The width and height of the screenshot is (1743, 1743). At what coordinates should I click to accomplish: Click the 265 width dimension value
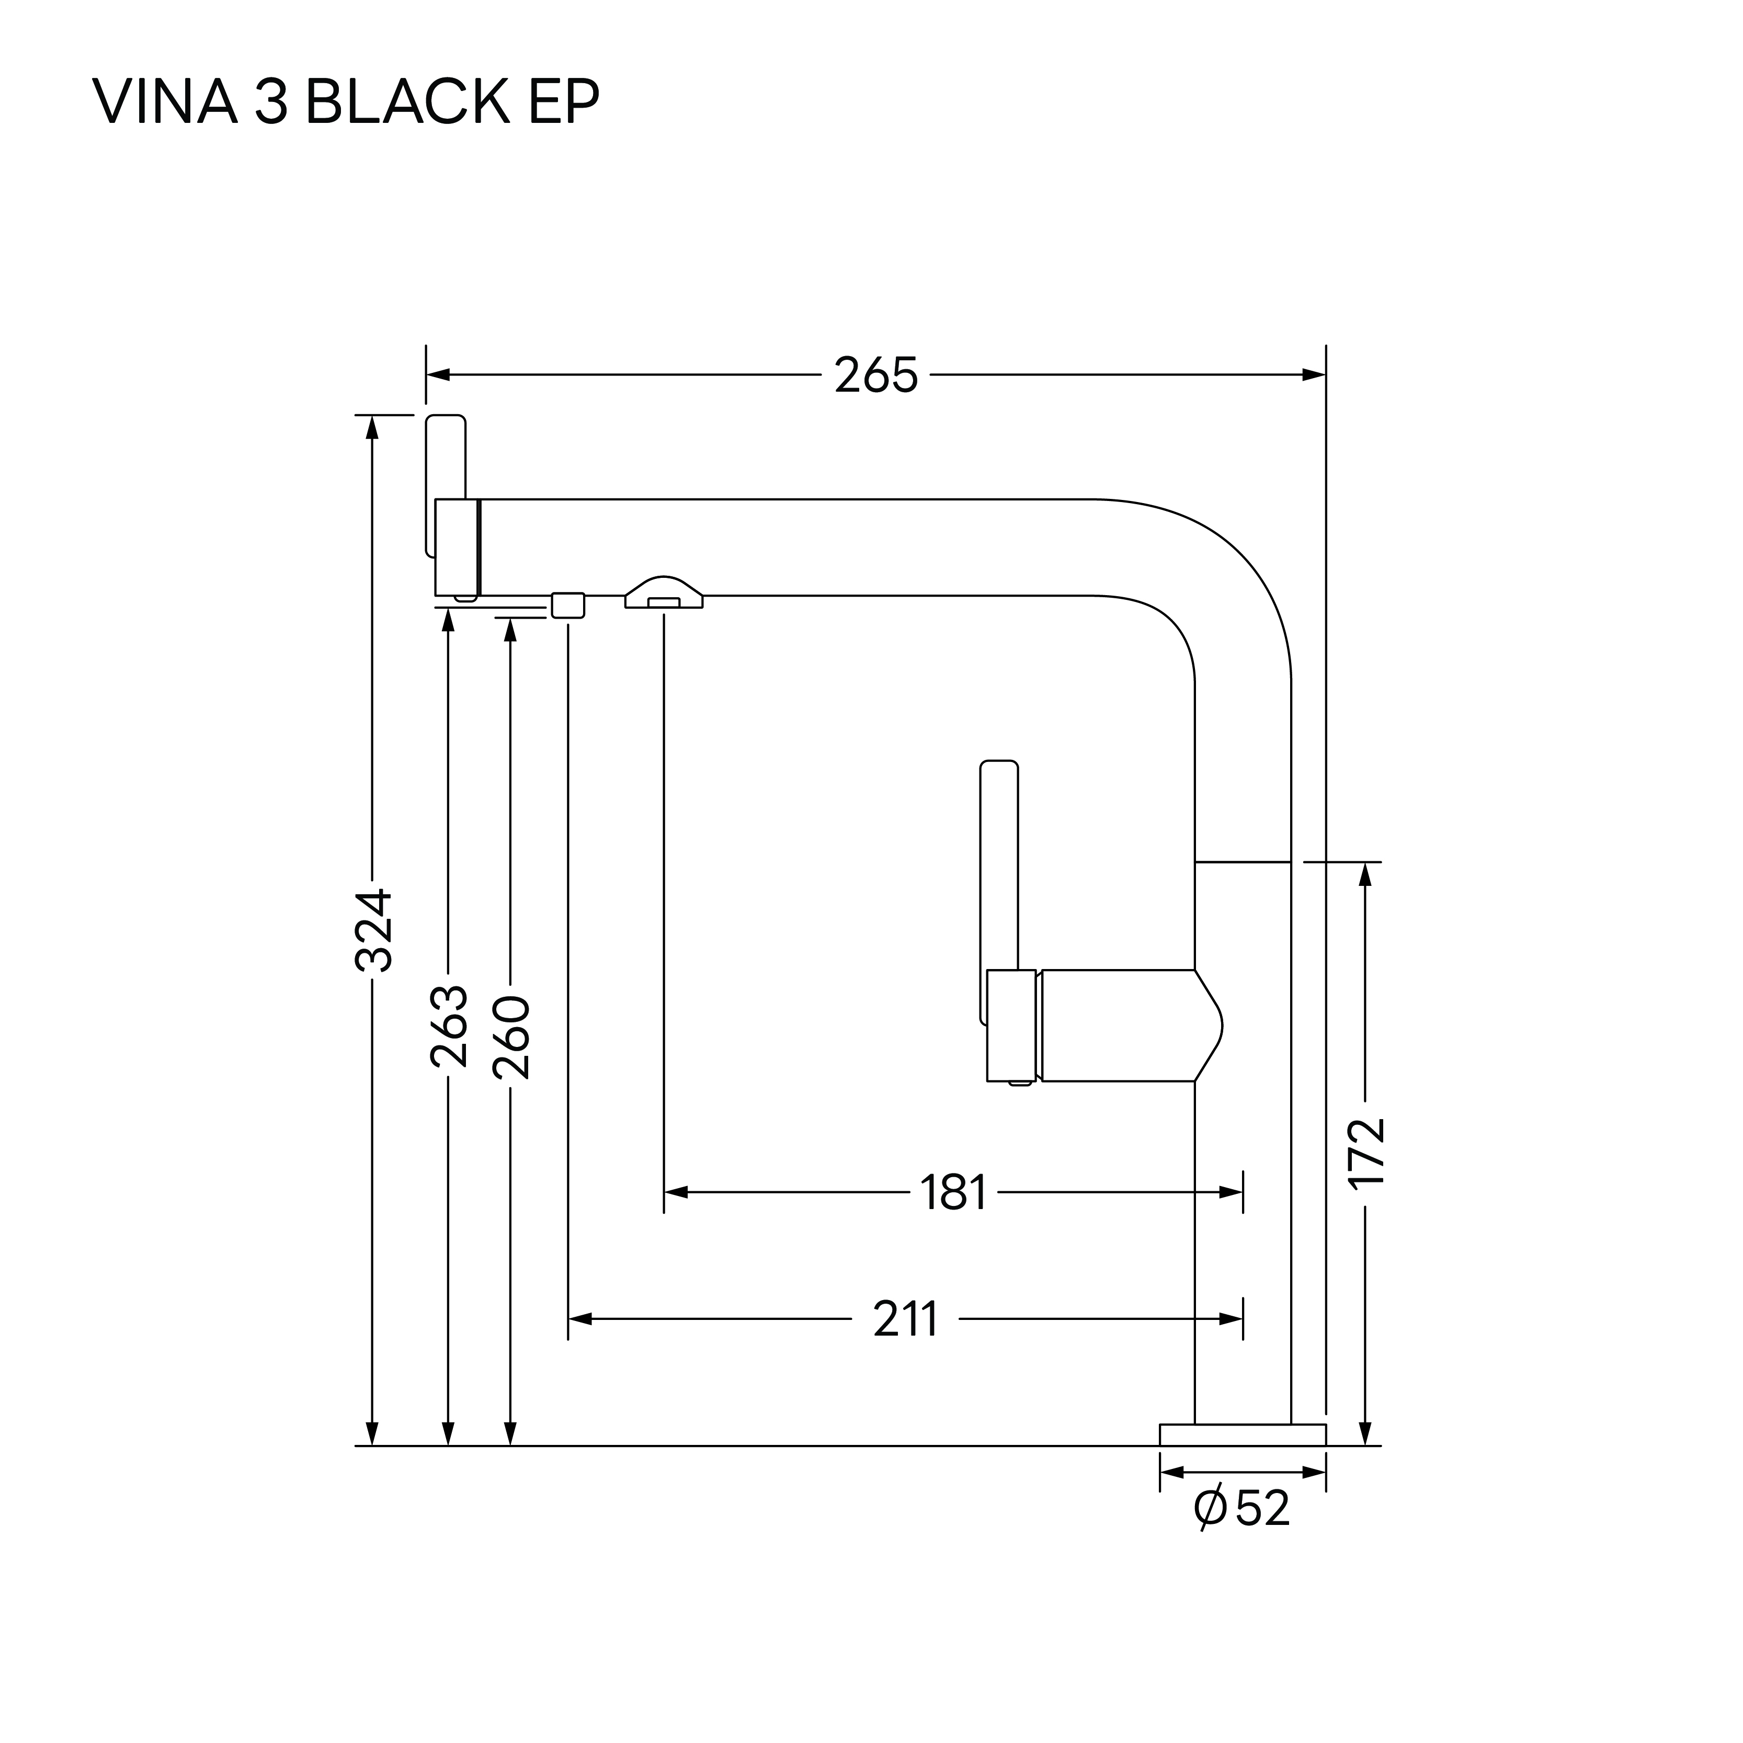coord(875,375)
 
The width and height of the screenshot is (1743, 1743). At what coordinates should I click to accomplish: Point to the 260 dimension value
coord(510,1038)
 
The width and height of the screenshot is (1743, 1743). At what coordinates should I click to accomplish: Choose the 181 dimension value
coord(953,1193)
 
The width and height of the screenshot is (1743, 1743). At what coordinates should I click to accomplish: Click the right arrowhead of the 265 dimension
coord(1315,375)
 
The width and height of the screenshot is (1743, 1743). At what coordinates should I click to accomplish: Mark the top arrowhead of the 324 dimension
coord(372,428)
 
